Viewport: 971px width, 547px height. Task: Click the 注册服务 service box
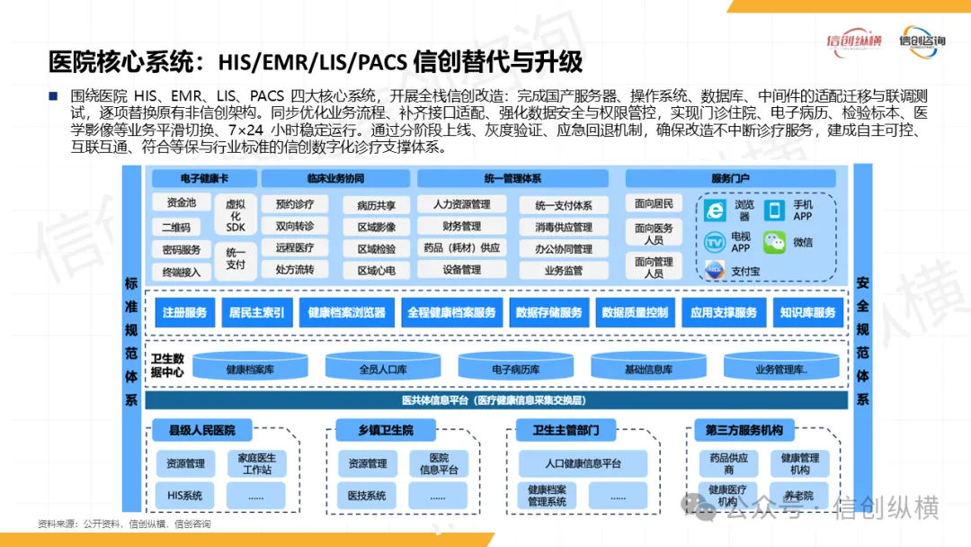click(x=184, y=312)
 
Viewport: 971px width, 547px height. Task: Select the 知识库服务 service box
click(x=807, y=312)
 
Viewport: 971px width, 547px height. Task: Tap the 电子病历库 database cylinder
click(x=516, y=368)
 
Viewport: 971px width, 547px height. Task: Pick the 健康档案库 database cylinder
click(x=250, y=368)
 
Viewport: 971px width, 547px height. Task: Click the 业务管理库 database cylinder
click(x=780, y=368)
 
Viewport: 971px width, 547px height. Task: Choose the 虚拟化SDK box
click(x=236, y=215)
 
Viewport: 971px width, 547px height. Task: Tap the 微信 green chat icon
click(x=774, y=241)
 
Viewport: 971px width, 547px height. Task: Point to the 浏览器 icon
click(x=715, y=211)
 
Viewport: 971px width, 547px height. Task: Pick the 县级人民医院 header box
click(x=200, y=430)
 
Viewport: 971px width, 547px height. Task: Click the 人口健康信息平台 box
click(x=583, y=463)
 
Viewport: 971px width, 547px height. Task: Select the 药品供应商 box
click(x=728, y=463)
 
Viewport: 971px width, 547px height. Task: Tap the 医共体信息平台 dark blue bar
click(x=496, y=400)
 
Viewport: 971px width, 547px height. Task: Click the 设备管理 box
click(x=461, y=269)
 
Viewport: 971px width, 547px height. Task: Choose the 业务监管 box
click(x=563, y=269)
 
